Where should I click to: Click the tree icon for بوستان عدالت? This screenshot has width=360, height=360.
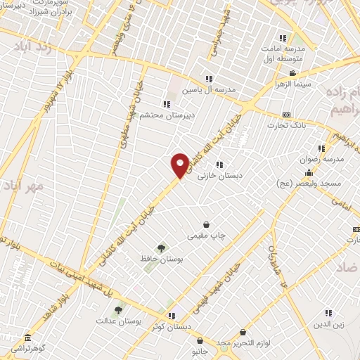click(118, 309)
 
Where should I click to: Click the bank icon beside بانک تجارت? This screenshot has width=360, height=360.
click(286, 115)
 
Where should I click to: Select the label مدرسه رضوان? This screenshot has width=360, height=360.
click(323, 159)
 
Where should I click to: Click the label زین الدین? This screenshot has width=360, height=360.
click(328, 324)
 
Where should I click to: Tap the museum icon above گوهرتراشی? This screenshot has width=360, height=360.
click(27, 338)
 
